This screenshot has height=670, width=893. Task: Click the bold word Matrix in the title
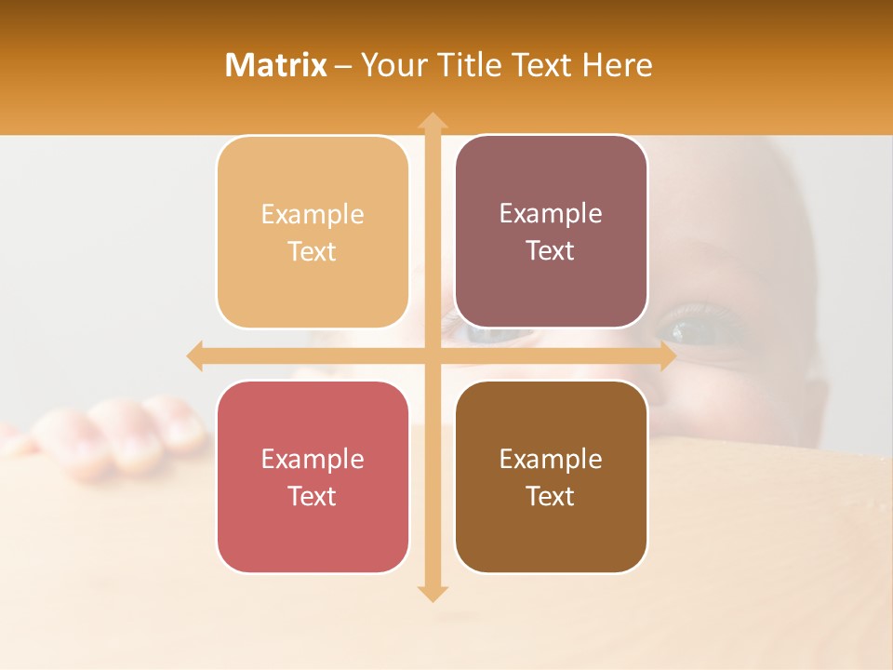tap(276, 65)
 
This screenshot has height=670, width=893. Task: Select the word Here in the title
tap(617, 65)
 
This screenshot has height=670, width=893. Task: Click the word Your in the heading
tap(393, 65)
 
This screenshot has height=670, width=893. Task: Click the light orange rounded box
tap(313, 232)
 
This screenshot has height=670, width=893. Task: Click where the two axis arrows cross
tap(432, 355)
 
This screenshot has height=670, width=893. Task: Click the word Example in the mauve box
tap(551, 214)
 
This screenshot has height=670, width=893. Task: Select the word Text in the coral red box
tap(313, 496)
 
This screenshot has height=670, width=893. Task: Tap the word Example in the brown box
tap(551, 459)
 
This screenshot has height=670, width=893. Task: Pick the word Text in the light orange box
tap(313, 251)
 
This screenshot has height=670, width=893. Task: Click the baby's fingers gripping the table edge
tap(121, 437)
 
